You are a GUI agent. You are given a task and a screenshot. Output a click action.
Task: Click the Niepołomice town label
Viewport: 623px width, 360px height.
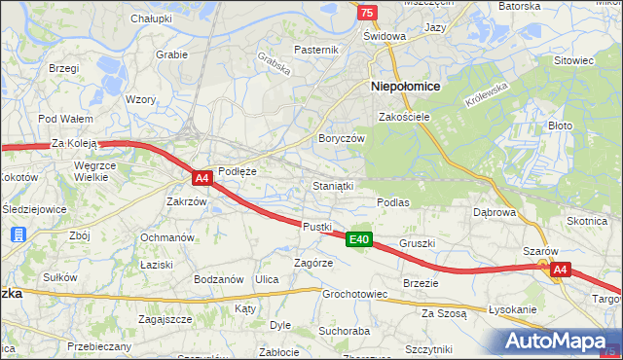point(406,86)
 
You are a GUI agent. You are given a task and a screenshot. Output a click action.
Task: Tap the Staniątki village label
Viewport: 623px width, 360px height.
point(333,184)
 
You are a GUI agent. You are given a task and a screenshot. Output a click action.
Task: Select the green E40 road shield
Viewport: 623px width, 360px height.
point(358,239)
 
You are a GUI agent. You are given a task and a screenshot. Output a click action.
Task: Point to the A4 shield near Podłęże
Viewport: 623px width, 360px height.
point(202,178)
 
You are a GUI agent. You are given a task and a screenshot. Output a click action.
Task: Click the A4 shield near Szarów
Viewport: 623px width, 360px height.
point(559,270)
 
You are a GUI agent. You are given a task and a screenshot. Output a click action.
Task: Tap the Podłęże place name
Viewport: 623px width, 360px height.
point(237,170)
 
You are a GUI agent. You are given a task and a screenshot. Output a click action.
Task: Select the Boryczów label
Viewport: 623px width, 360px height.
point(341,138)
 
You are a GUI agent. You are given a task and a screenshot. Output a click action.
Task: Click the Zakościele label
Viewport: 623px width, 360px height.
point(404,117)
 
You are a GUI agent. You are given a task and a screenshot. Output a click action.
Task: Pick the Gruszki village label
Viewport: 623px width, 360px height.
point(417,243)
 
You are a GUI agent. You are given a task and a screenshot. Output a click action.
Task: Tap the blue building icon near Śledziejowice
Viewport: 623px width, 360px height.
point(18,234)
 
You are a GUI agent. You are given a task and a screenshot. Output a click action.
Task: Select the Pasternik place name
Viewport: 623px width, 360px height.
point(316,50)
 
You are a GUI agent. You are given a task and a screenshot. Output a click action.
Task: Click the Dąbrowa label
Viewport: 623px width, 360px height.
point(494,211)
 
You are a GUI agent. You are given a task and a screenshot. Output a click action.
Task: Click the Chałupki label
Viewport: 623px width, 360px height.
point(151,18)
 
